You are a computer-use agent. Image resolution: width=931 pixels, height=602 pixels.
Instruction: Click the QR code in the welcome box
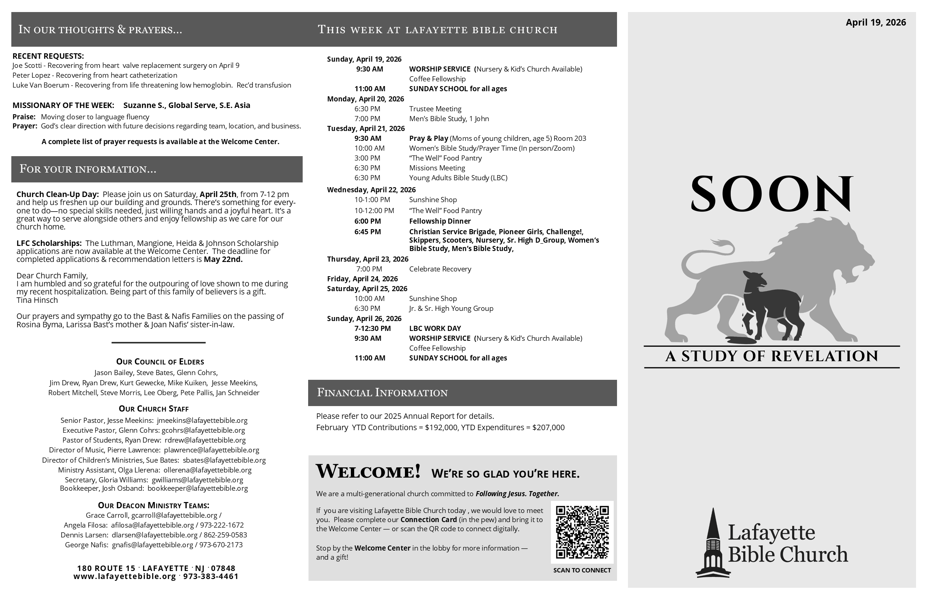582,532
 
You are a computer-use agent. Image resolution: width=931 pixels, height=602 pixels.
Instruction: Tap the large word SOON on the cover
771,194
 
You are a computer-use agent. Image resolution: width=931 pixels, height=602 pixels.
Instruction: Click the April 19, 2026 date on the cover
876,23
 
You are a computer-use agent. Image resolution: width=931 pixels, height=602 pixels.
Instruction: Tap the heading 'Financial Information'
382,393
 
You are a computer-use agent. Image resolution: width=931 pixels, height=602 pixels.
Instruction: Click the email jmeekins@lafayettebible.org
202,421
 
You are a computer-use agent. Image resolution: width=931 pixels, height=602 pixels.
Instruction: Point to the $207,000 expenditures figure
548,428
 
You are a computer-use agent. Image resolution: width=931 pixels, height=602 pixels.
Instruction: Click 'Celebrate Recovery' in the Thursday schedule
440,269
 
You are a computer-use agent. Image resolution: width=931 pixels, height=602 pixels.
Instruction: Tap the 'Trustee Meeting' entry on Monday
435,109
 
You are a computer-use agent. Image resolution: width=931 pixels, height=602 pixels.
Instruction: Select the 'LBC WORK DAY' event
435,329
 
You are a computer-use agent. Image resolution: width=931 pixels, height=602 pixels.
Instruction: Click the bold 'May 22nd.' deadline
223,259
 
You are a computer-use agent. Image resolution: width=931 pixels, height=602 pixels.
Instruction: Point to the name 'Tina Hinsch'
37,300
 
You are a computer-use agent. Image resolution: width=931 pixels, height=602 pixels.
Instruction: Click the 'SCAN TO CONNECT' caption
582,570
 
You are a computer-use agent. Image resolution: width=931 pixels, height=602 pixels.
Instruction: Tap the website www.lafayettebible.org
125,576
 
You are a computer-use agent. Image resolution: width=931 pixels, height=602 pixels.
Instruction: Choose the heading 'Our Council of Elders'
160,362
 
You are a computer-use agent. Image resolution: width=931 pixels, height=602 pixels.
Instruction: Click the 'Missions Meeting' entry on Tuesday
437,168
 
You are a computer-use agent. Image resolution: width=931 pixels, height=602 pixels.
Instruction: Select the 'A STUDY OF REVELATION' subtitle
771,356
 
